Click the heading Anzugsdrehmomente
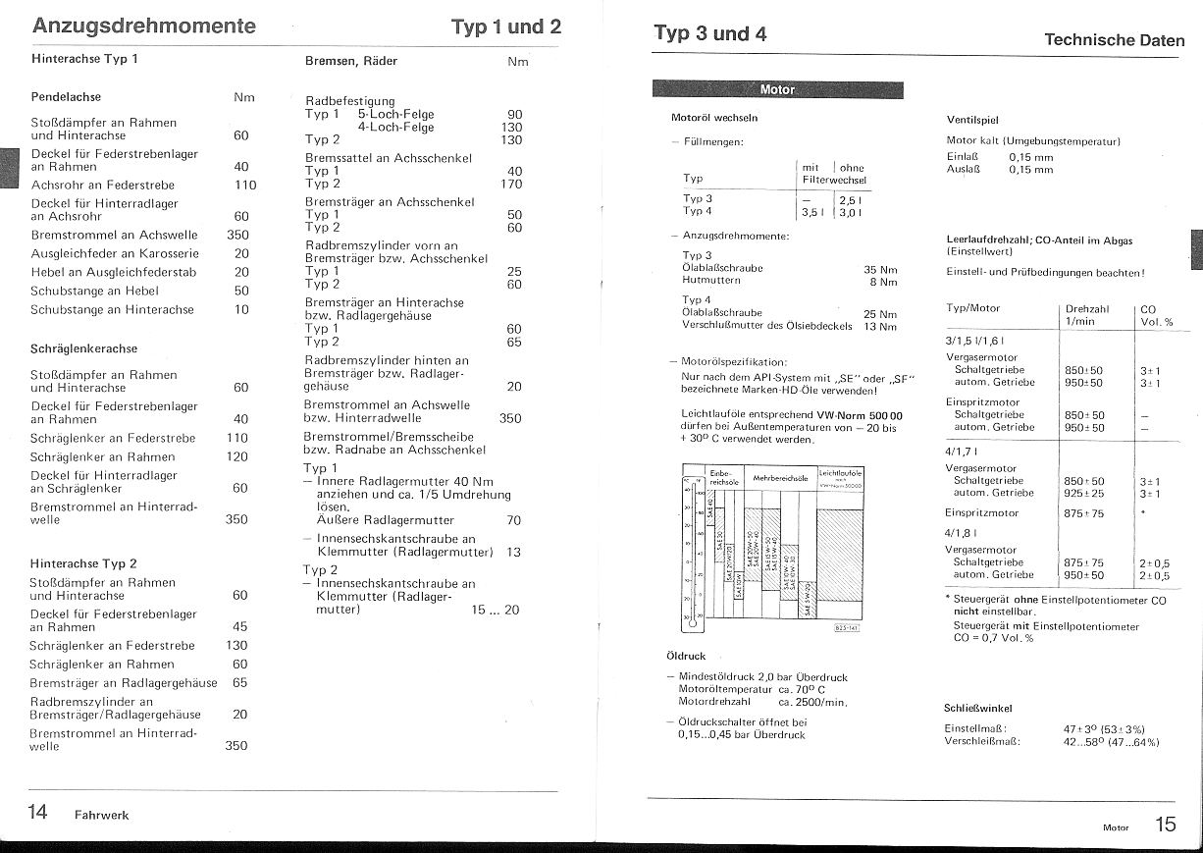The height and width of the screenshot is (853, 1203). click(144, 27)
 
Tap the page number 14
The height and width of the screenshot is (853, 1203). click(37, 812)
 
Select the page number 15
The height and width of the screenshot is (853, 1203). click(1165, 825)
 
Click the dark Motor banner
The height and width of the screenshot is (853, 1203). click(777, 90)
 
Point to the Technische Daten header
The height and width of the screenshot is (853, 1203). click(1114, 40)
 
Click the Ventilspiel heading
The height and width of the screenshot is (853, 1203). click(973, 119)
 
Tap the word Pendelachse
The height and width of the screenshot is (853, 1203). click(66, 97)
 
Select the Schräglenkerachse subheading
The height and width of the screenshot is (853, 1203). click(83, 348)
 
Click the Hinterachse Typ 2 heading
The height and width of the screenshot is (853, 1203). click(83, 563)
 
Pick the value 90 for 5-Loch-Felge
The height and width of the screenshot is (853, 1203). click(514, 114)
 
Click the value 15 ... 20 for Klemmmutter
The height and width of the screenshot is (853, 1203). click(495, 610)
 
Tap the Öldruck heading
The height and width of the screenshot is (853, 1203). click(685, 655)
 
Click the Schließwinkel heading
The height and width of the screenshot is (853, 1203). click(978, 708)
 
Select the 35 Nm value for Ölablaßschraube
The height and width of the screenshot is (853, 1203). click(880, 268)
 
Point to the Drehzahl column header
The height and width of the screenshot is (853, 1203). click(1086, 308)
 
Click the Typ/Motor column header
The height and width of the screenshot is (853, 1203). click(972, 308)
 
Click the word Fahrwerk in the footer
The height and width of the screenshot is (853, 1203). click(101, 815)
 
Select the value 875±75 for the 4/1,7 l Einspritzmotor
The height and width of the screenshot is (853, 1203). click(1084, 513)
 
